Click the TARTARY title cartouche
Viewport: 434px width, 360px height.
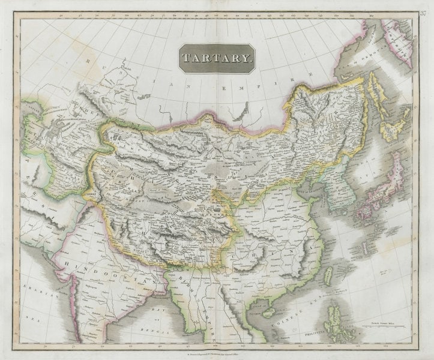217,58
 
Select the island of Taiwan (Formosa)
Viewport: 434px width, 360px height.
328,277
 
